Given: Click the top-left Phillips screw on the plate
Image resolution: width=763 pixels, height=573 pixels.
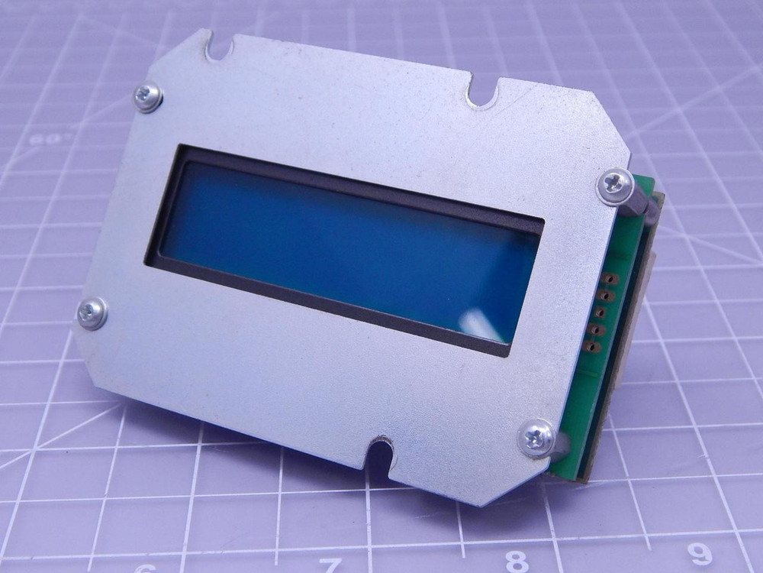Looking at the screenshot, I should pyautogui.click(x=147, y=97).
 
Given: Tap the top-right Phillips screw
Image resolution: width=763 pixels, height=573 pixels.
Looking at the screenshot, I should pyautogui.click(x=615, y=186).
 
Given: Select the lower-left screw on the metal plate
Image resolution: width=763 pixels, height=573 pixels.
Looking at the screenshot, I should pyautogui.click(x=92, y=313).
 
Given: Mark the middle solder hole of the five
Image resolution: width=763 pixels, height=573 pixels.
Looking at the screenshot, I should pyautogui.click(x=600, y=312).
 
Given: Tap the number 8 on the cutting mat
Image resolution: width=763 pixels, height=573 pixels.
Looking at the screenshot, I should pyautogui.click(x=517, y=562).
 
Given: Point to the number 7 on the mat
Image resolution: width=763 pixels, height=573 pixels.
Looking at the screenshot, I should pyautogui.click(x=330, y=565).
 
